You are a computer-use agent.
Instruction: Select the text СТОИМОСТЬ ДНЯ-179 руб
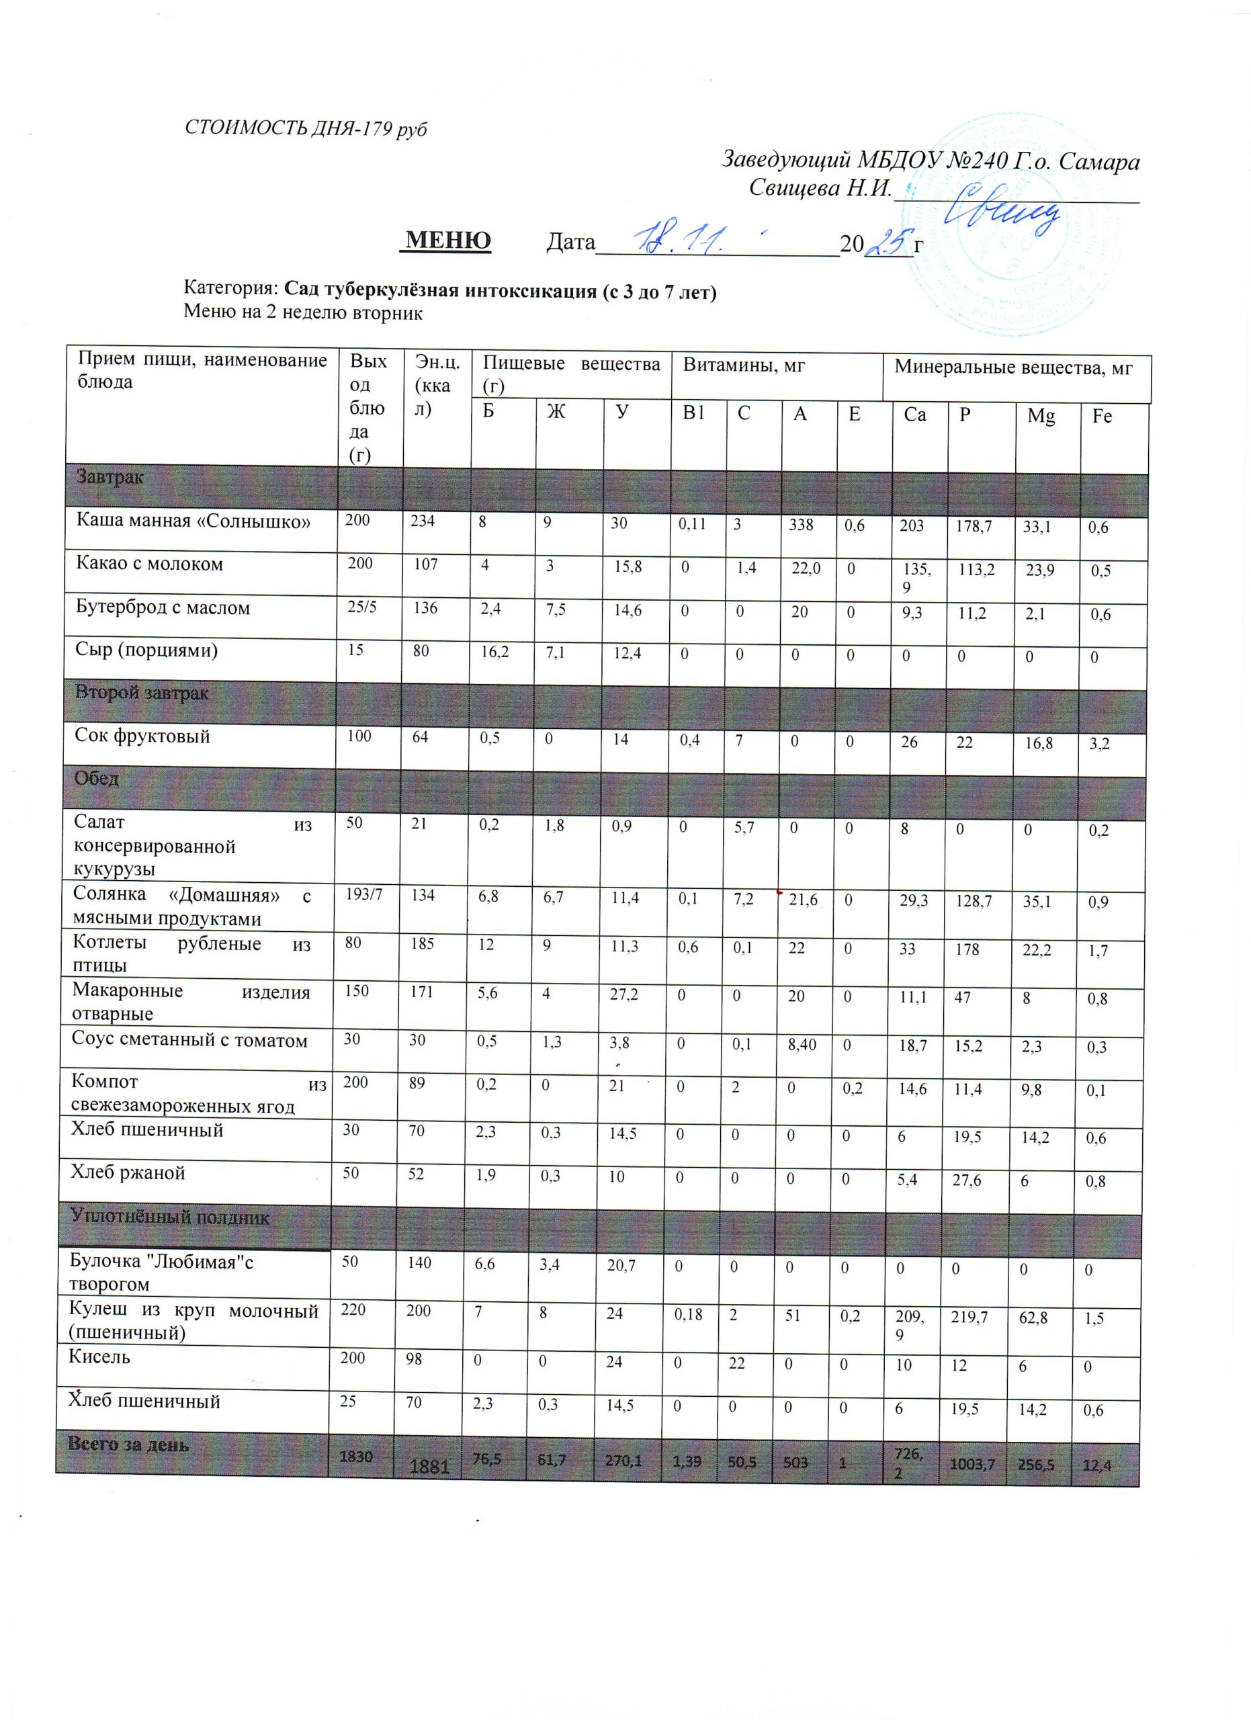tap(306, 128)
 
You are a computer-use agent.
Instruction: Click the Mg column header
tap(1040, 416)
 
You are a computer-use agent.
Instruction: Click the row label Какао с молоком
tap(149, 564)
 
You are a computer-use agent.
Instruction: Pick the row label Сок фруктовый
tap(142, 736)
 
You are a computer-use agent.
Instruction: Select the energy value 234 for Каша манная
tap(423, 521)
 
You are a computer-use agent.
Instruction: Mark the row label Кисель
tap(99, 1356)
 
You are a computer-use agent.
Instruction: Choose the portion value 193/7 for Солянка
tap(364, 895)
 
